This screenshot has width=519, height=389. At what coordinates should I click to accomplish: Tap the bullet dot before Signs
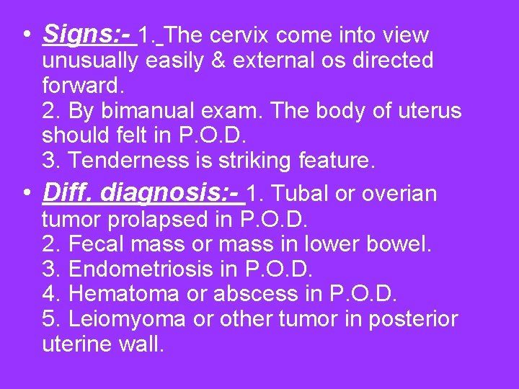26,34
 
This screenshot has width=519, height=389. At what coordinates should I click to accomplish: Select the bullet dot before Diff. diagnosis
26,192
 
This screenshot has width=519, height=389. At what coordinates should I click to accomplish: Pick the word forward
83,86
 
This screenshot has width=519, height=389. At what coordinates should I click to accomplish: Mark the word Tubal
298,194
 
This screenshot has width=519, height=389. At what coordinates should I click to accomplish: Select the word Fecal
97,243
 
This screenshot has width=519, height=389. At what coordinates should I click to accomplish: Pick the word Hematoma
124,294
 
